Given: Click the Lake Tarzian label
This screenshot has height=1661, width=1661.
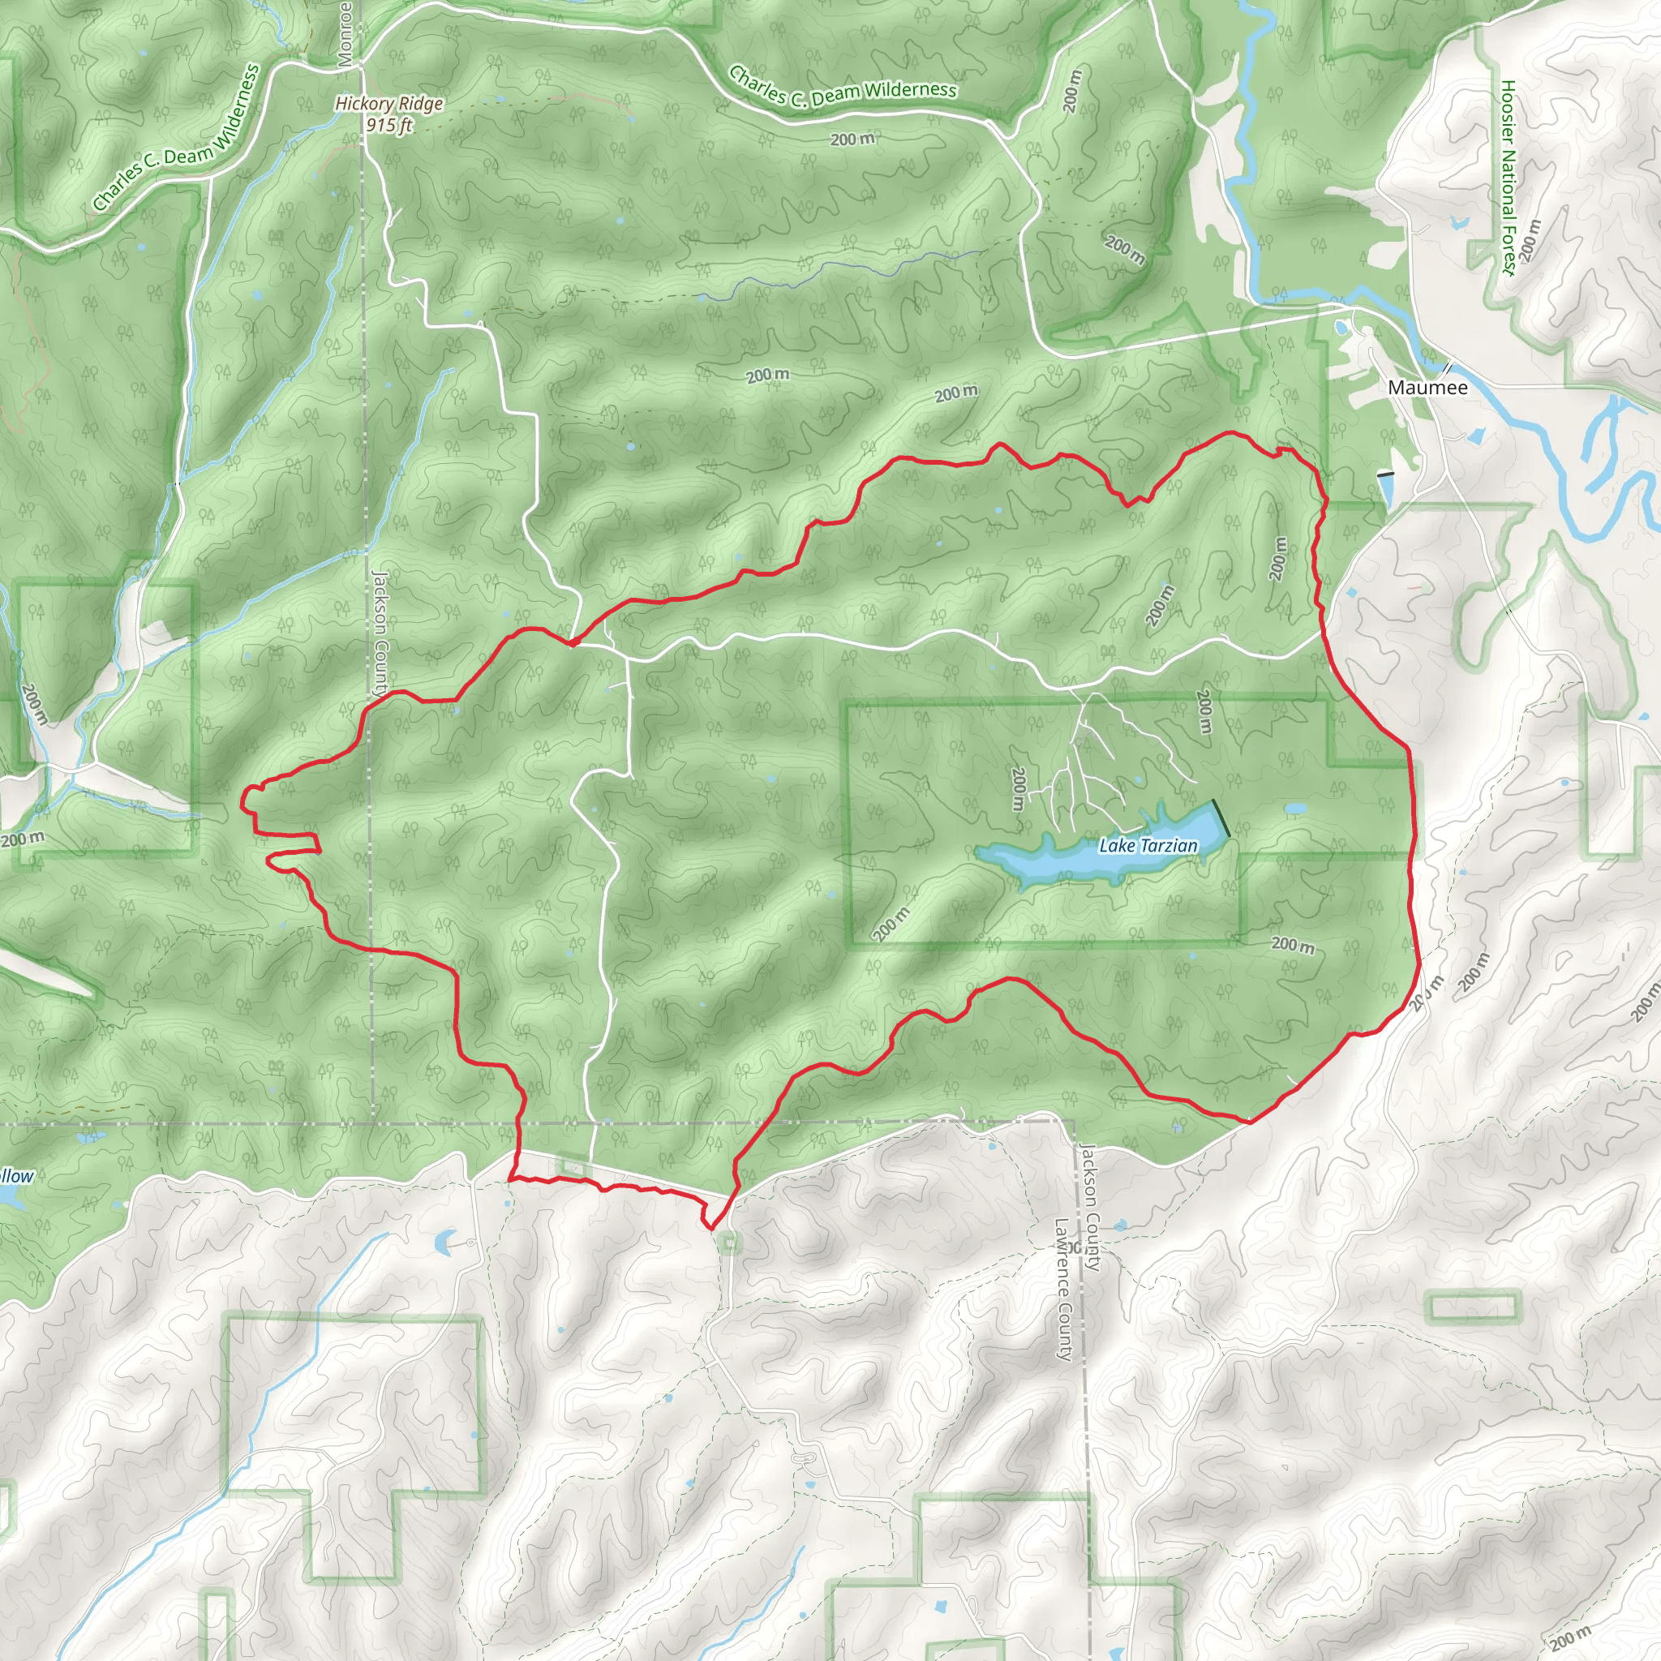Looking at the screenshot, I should [1148, 846].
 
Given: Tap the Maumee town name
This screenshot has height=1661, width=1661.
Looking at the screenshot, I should [1428, 388].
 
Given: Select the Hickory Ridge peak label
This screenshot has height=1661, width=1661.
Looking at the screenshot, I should [388, 104].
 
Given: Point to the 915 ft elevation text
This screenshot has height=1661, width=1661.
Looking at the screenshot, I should [388, 125].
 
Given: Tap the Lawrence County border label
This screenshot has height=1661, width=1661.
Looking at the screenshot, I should [1063, 1290].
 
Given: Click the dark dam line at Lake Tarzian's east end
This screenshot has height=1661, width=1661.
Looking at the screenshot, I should [1221, 818].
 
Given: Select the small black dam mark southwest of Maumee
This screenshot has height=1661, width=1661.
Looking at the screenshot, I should [1385, 474].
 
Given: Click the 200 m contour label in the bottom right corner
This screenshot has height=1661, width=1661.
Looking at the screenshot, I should [1570, 1637].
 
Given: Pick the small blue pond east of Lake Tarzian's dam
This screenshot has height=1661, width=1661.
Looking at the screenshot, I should [1294, 810].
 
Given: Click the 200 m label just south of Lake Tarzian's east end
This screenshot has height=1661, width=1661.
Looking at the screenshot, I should [1293, 945].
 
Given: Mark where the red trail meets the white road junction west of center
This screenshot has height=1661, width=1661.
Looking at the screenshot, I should [572, 642].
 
